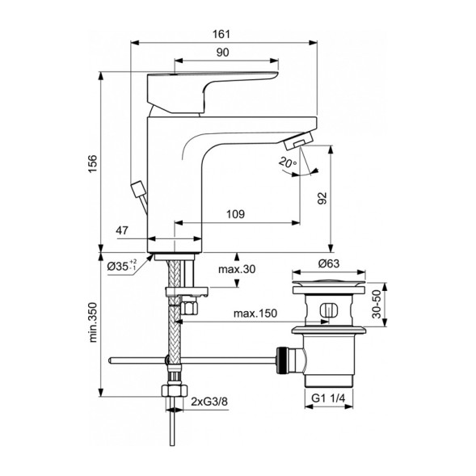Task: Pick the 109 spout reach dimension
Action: [x=236, y=215]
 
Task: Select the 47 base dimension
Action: [x=123, y=231]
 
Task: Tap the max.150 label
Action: [x=251, y=313]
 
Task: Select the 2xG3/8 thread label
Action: [x=209, y=402]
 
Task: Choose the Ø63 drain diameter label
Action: [x=329, y=263]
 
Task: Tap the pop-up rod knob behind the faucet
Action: [x=138, y=191]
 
